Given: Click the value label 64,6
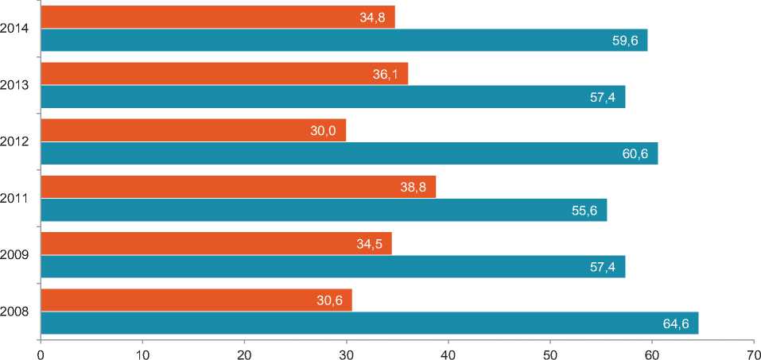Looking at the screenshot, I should [675, 323].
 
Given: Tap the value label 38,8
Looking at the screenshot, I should [414, 188].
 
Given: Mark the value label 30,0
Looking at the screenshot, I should [324, 130].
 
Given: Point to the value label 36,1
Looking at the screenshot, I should [385, 74].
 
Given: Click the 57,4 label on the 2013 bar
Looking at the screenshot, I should [603, 97].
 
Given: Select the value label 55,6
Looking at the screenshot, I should [584, 210].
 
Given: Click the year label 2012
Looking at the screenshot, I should [16, 141].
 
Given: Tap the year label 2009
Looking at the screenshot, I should [16, 255].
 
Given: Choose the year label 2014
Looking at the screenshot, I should [16, 29].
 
